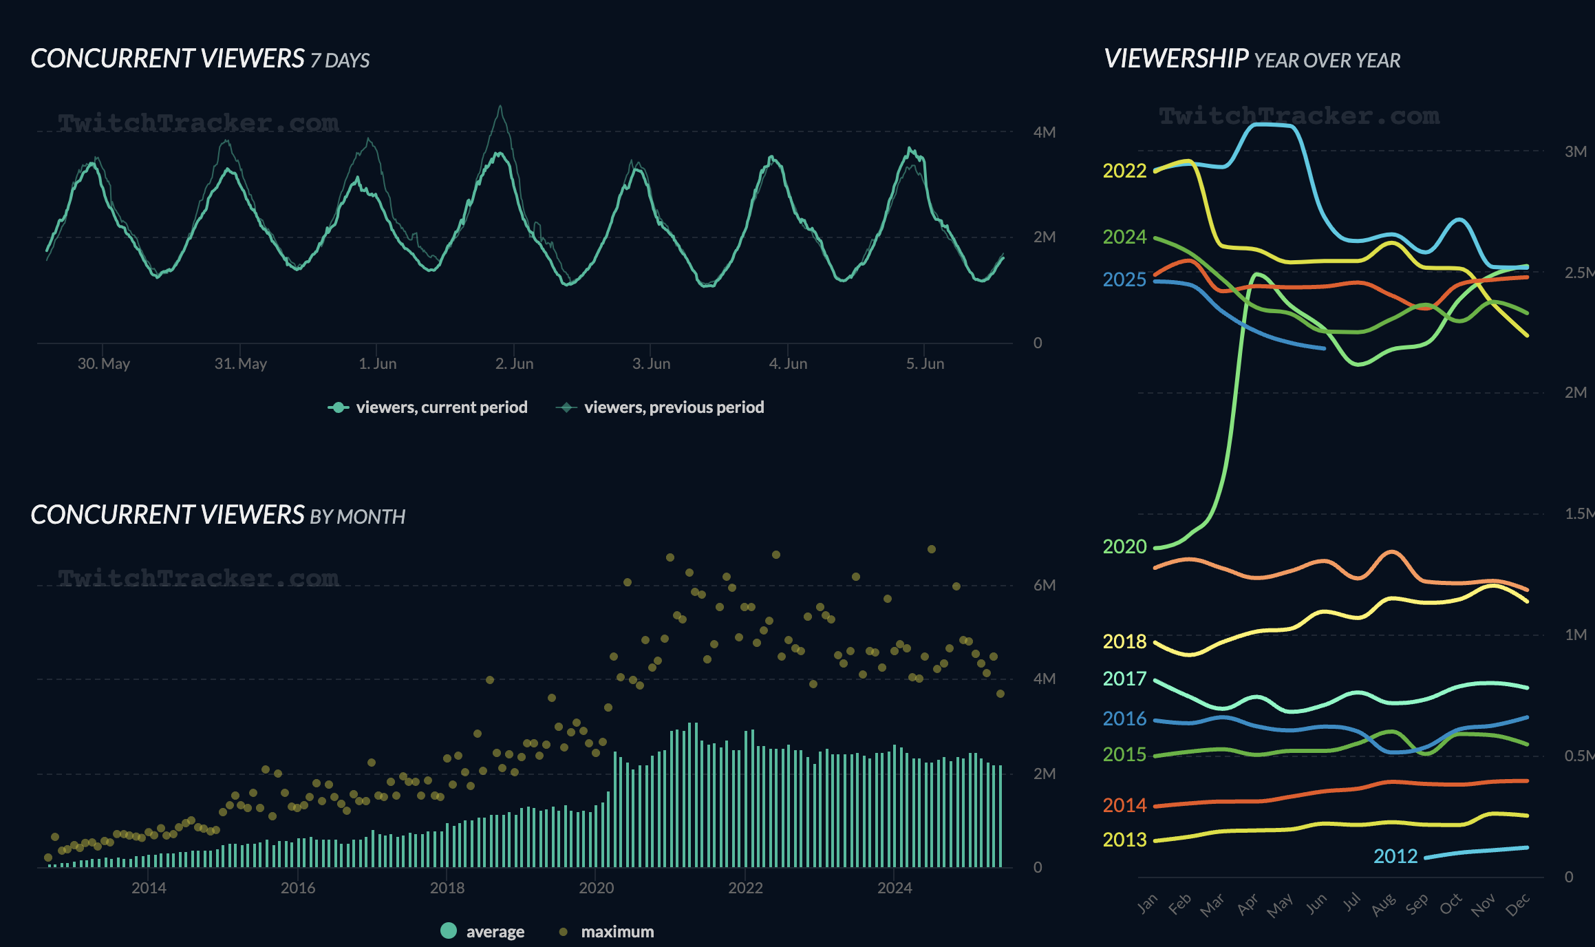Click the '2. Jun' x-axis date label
pos(514,363)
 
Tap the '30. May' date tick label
pos(103,363)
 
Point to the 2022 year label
pos(1124,171)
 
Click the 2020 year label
pos(1124,546)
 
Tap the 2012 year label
pos(1395,856)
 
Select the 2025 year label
pos(1124,279)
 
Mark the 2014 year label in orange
pos(1124,805)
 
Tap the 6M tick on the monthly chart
pos(1044,585)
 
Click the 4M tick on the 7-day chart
pos(1044,132)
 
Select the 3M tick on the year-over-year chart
pos(1575,151)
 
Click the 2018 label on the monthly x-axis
pos(447,888)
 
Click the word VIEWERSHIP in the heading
pos(1176,59)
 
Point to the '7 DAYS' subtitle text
pos(340,61)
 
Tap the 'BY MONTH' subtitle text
pos(357,517)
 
